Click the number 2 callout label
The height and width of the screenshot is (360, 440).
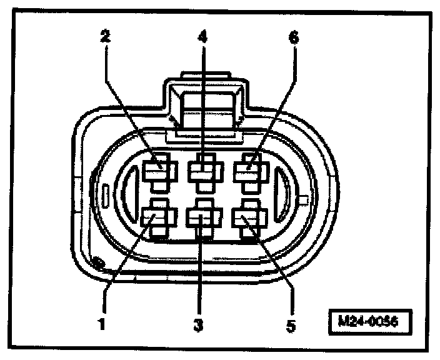pyautogui.click(x=106, y=36)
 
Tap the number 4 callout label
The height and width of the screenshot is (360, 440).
pyautogui.click(x=201, y=36)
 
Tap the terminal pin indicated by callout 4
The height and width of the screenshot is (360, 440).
pyautogui.click(x=202, y=169)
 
